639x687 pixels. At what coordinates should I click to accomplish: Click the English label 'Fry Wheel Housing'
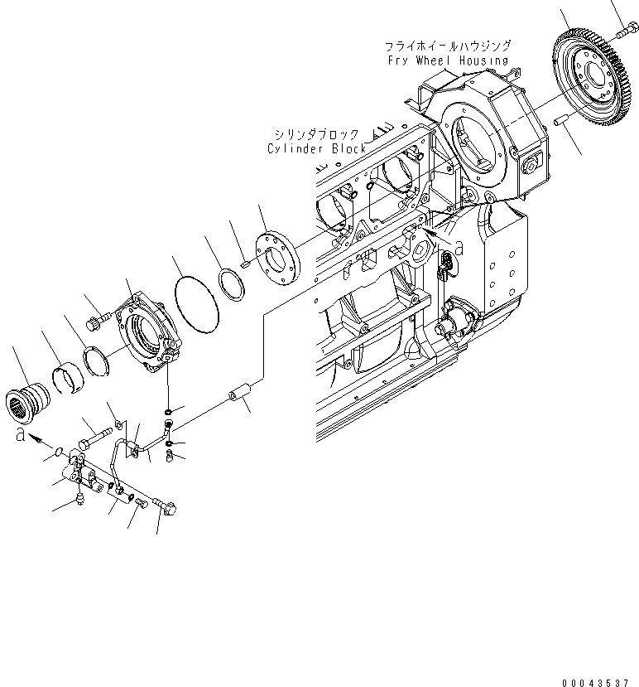pyautogui.click(x=447, y=60)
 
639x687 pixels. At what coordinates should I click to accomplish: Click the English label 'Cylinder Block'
pyautogui.click(x=316, y=148)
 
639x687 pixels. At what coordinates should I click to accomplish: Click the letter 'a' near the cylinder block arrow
pyautogui.click(x=459, y=246)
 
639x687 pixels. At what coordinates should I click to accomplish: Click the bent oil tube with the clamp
pyautogui.click(x=132, y=452)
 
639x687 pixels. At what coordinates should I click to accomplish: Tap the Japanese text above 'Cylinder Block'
pyautogui.click(x=318, y=134)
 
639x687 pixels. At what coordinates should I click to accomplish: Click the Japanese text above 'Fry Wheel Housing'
pyautogui.click(x=447, y=46)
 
